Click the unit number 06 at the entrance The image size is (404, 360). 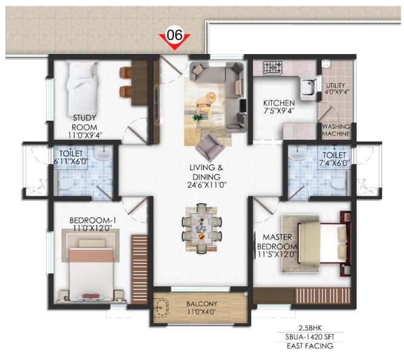coord(175,35)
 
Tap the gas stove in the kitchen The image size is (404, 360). coord(273,67)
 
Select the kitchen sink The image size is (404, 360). coord(308,87)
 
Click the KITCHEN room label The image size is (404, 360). coord(279,103)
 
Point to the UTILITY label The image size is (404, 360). coord(335,86)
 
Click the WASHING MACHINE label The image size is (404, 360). coord(336,130)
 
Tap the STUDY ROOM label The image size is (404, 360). coord(84,123)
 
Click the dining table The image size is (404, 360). coord(201,228)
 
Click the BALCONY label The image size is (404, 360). coord(202,304)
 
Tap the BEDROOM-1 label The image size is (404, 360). coord(93,220)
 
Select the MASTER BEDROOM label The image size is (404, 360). coord(277,242)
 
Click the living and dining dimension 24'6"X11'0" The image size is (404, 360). coord(207,185)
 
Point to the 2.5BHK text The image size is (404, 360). coord(310,328)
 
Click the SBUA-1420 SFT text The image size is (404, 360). coord(310,337)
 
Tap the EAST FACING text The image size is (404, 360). coord(310,346)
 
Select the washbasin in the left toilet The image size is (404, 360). coord(104,152)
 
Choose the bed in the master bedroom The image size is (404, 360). coord(323,243)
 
